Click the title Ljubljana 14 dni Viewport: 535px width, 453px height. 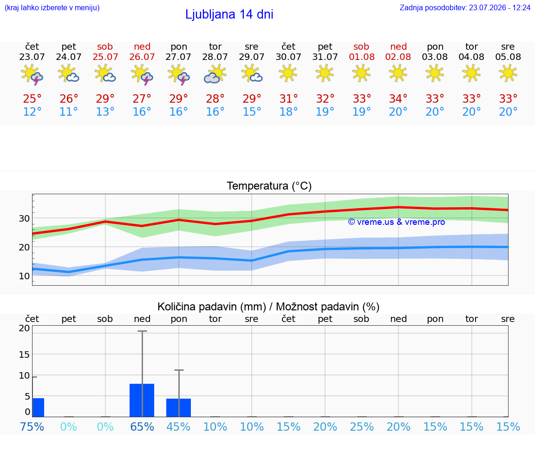coord(229,14)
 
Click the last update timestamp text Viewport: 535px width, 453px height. coord(465,8)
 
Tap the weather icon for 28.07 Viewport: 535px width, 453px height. coord(215,74)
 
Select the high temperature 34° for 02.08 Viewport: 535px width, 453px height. coord(398,98)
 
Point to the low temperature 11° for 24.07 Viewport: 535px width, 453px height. coord(69,112)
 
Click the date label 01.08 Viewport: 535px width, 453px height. coord(362,57)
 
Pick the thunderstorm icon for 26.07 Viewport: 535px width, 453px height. coord(142,74)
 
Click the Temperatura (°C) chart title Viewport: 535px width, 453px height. coord(269,186)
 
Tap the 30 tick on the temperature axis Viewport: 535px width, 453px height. coord(24,218)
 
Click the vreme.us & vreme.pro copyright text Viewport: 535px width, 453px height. coord(397,222)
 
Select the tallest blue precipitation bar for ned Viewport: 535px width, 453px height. coord(142,400)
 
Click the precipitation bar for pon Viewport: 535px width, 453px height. coord(178,407)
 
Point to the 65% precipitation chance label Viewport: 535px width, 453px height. coord(142,427)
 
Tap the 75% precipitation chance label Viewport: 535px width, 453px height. coord(32,427)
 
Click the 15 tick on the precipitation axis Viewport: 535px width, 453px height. coord(24,355)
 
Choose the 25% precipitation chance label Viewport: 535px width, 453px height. coord(362,427)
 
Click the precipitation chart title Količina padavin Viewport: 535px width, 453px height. coord(268,307)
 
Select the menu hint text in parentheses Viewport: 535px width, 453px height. coord(52,8)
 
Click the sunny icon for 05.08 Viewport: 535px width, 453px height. coord(508,73)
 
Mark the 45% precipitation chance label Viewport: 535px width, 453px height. coord(178,427)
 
